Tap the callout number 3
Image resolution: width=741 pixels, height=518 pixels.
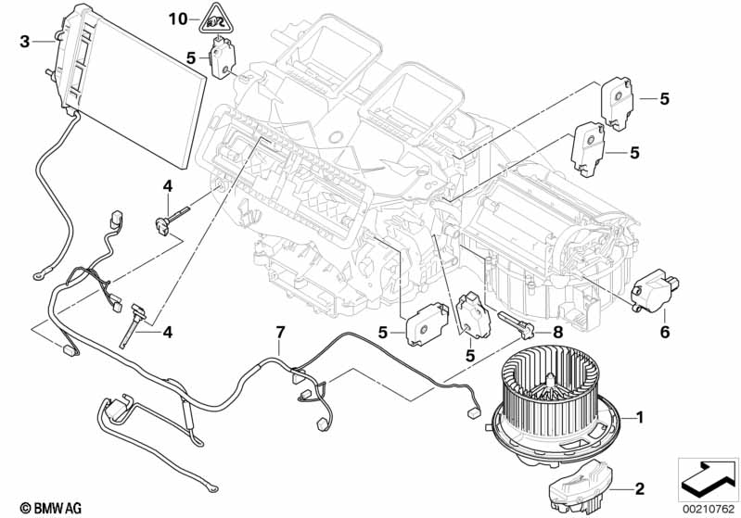(26, 40)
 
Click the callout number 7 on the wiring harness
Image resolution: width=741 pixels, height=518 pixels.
(279, 332)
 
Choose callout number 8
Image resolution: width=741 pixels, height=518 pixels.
(556, 330)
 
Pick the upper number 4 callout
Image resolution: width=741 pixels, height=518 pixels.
(167, 186)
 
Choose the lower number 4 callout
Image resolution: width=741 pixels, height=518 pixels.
(167, 331)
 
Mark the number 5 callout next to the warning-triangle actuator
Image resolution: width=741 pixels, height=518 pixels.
(190, 57)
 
